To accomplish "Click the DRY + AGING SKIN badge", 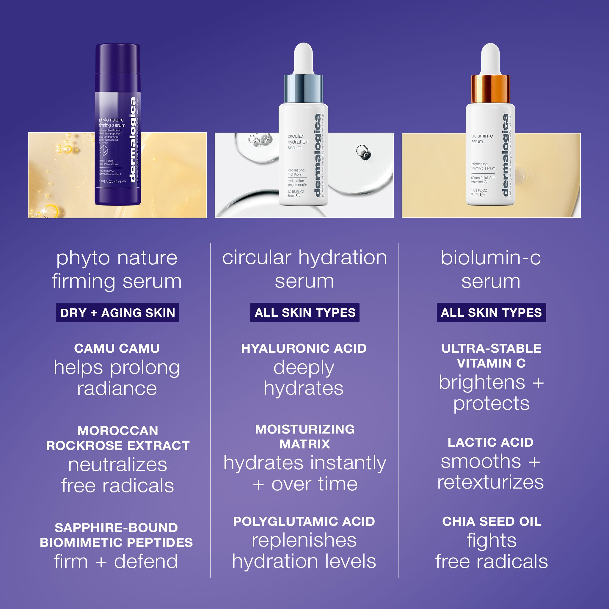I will pos(117,313).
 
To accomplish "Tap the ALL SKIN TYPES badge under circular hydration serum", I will pos(304,313).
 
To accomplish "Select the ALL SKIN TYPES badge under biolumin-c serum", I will pos(491,313).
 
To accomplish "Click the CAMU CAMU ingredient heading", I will pos(117,348).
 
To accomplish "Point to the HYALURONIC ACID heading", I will pos(304,348).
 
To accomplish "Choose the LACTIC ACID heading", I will pos(490,442).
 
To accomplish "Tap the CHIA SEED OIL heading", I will pos(492,521).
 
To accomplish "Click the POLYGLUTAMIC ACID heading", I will pos(304,521).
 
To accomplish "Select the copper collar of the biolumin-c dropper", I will pos(490,89).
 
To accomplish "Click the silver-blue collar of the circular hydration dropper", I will pos(303,89).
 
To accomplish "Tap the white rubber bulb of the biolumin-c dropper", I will pos(490,58).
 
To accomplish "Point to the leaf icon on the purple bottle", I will pos(104,150).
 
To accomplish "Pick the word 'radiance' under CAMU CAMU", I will pos(117,388).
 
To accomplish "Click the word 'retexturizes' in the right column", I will pos(490,482).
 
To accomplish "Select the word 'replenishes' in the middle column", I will pos(304,540).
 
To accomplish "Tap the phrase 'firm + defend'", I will pos(116,561).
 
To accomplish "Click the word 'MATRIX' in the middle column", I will pos(304,444).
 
